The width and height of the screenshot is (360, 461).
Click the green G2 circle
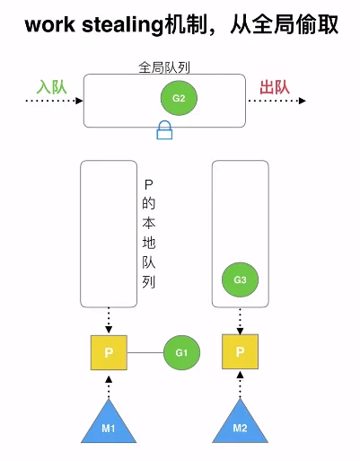click(179, 98)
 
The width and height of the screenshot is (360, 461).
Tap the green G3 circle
click(240, 279)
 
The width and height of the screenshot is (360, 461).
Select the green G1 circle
click(181, 352)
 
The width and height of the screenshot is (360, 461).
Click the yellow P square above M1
click(109, 352)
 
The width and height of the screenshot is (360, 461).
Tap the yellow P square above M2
click(240, 351)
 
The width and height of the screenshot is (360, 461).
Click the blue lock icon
click(164, 130)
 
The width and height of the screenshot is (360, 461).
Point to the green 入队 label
click(51, 87)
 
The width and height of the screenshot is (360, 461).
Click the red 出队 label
click(275, 87)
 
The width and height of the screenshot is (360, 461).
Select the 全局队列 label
click(164, 67)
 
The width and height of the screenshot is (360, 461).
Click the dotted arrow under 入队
click(54, 101)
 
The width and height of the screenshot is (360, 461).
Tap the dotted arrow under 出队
click(277, 101)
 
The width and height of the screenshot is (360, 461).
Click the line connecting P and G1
click(145, 352)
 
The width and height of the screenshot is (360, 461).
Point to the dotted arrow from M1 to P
click(109, 387)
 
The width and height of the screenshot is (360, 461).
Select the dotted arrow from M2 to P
click(240, 385)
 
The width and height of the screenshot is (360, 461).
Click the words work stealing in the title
click(94, 25)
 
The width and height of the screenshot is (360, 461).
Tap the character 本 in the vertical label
click(149, 223)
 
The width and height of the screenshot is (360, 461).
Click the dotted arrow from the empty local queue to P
click(109, 320)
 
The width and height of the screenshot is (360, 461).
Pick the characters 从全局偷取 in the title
click(285, 24)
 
